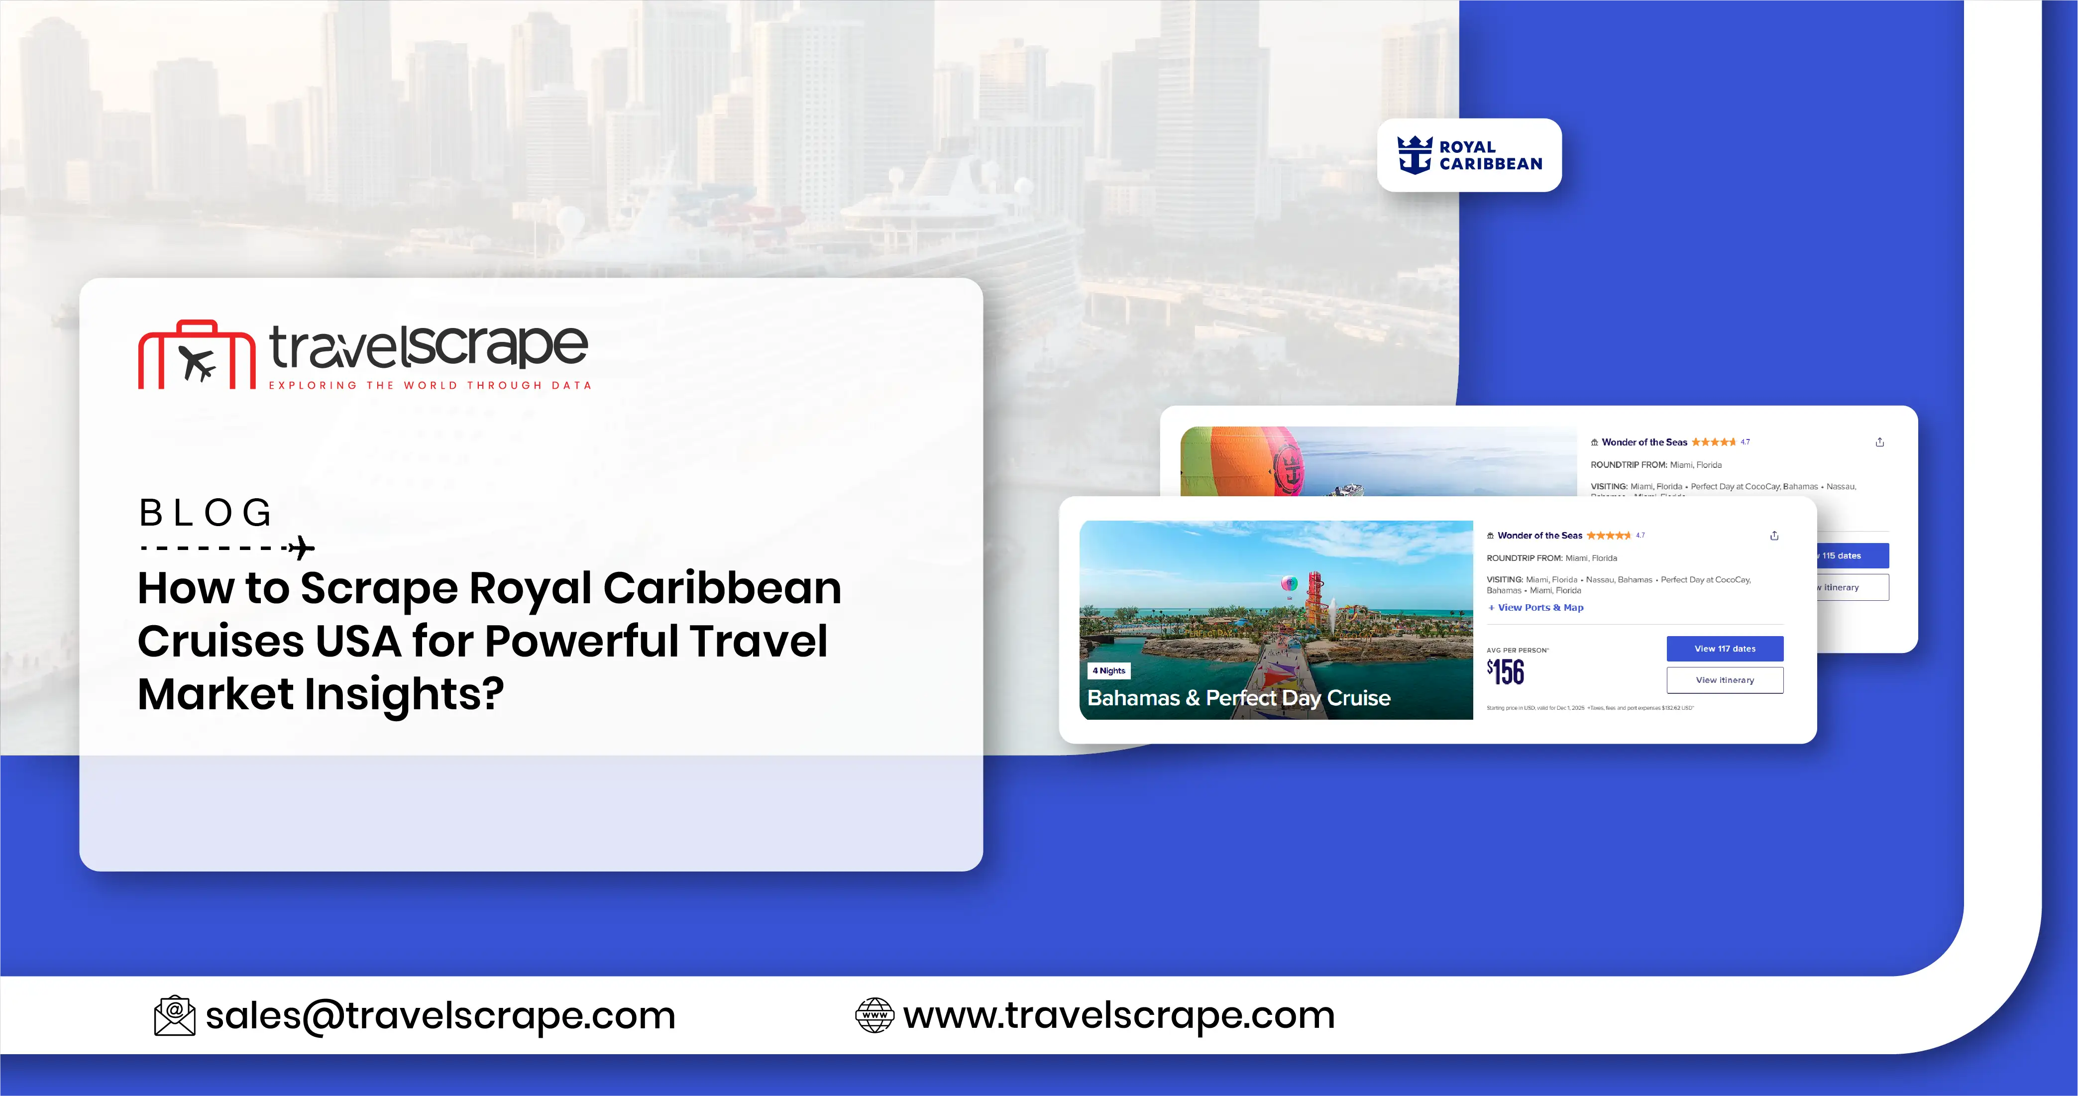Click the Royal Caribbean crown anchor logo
pos(1415,155)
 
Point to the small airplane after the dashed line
pos(302,548)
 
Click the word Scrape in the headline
pos(378,588)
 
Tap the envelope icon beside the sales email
pos(174,1015)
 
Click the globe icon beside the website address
pos(875,1015)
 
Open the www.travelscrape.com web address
pos(1119,1015)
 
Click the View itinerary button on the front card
pos(1725,680)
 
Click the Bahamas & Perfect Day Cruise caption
pos(1238,698)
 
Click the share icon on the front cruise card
pos(1774,536)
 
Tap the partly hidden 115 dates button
pos(1850,555)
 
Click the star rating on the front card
pos(1608,536)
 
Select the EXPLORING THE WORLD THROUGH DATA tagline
pos(430,386)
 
